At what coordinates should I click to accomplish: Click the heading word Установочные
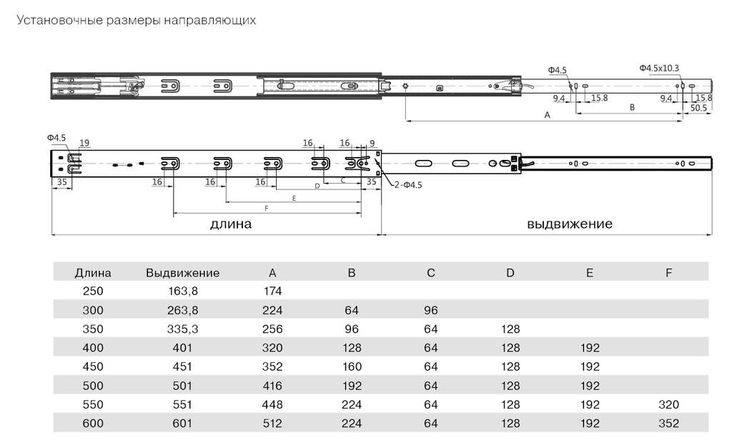point(59,21)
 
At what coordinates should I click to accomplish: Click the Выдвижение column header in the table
point(182,273)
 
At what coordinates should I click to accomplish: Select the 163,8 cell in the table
point(182,291)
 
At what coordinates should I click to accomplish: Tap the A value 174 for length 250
point(272,291)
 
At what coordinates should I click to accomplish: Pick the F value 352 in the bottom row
point(668,423)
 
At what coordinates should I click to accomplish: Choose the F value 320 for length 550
point(668,404)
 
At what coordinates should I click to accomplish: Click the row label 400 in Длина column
point(93,348)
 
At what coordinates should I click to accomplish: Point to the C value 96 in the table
point(431,310)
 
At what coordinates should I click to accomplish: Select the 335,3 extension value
point(182,329)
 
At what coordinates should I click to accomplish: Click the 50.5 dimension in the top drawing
point(698,108)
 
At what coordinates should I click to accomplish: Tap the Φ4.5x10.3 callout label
point(659,68)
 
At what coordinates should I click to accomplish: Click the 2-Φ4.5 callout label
point(407,185)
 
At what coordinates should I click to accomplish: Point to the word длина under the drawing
point(231,224)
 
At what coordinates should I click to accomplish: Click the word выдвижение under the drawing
point(570,224)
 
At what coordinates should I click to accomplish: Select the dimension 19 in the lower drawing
point(84,143)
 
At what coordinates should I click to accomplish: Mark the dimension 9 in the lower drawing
point(372,143)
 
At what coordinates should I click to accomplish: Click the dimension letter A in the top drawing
point(548,115)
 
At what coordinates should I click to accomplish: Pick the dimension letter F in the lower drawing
point(266,209)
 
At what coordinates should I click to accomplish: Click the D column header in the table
point(510,273)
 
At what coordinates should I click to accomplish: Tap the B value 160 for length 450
point(352,366)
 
